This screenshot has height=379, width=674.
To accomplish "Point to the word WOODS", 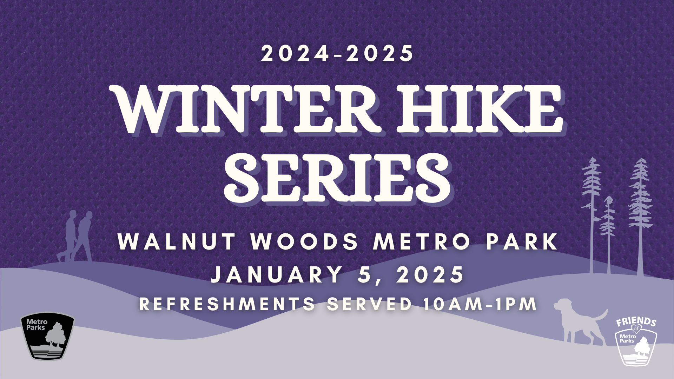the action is (304, 242).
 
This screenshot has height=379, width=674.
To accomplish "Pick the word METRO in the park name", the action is (422, 242).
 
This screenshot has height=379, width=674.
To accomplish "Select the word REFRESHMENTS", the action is (227, 304).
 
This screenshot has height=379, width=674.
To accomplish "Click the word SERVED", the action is (369, 304).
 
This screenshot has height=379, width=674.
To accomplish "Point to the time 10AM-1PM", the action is (480, 304).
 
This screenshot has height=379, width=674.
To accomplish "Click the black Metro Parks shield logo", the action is (47, 336).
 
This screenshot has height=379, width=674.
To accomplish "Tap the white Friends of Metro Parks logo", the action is (636, 341).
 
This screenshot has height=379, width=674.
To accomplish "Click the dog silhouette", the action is (579, 321).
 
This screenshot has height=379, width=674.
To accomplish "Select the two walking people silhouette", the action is (76, 236).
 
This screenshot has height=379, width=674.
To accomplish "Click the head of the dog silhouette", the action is (563, 304).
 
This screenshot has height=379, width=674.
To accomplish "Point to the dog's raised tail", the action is (601, 315).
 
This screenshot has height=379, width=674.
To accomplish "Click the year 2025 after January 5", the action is (430, 274).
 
